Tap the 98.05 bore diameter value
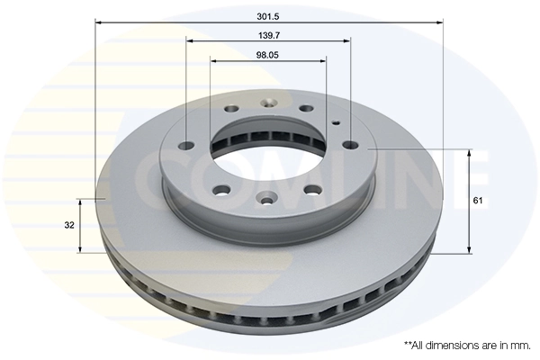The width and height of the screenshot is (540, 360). point(268,54)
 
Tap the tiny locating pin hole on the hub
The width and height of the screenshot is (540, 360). point(336,122)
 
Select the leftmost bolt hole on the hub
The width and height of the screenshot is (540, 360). point(186,145)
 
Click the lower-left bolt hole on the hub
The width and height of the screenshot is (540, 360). point(220,189)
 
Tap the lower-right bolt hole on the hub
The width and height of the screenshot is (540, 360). point(312,189)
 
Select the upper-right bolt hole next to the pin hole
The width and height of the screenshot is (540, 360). point(312,111)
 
